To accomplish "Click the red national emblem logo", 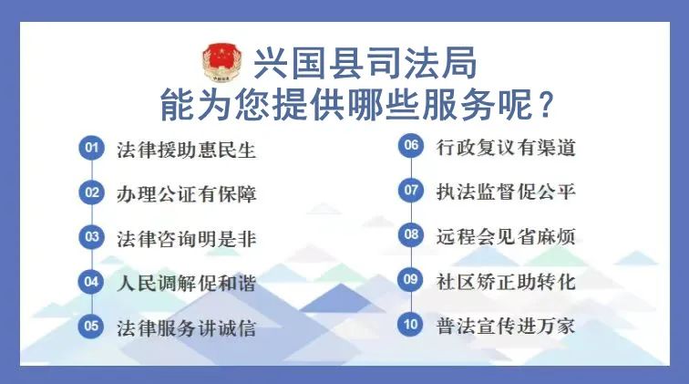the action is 221,62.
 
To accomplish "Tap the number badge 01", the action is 92,148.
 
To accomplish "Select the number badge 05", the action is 91,326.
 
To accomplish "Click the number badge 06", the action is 411,145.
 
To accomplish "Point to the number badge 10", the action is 410,324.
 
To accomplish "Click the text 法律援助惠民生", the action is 186,150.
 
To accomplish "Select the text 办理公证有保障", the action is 186,194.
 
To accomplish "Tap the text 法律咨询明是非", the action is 186,239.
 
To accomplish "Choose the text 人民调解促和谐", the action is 186,283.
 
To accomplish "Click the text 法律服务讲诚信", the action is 186,328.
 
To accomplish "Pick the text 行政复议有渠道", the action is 506,148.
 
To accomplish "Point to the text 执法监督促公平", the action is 506,192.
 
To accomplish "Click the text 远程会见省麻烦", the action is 506,236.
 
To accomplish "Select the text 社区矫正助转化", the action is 506,282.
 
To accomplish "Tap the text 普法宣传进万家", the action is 506,326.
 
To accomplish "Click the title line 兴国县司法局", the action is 365,63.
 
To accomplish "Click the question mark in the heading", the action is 545,105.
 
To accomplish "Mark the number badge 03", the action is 92,236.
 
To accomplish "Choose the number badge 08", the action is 411,234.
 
